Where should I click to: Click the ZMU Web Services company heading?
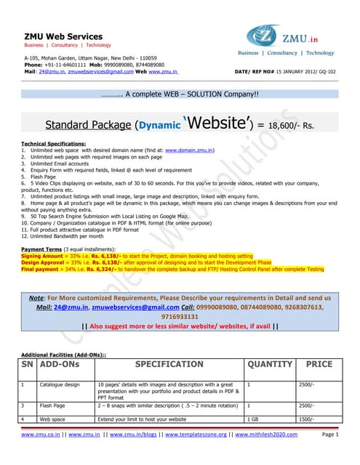pyautogui.click(x=63, y=36)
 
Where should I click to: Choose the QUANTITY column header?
pyautogui.click(x=271, y=363)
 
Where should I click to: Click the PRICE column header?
pyautogui.click(x=319, y=363)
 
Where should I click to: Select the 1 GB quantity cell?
pyautogui.click(x=254, y=419)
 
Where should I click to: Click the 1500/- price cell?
pyautogui.click(x=308, y=419)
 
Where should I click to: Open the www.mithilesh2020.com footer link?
pyautogui.click(x=271, y=434)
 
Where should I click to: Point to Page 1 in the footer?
pyautogui.click(x=331, y=434)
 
